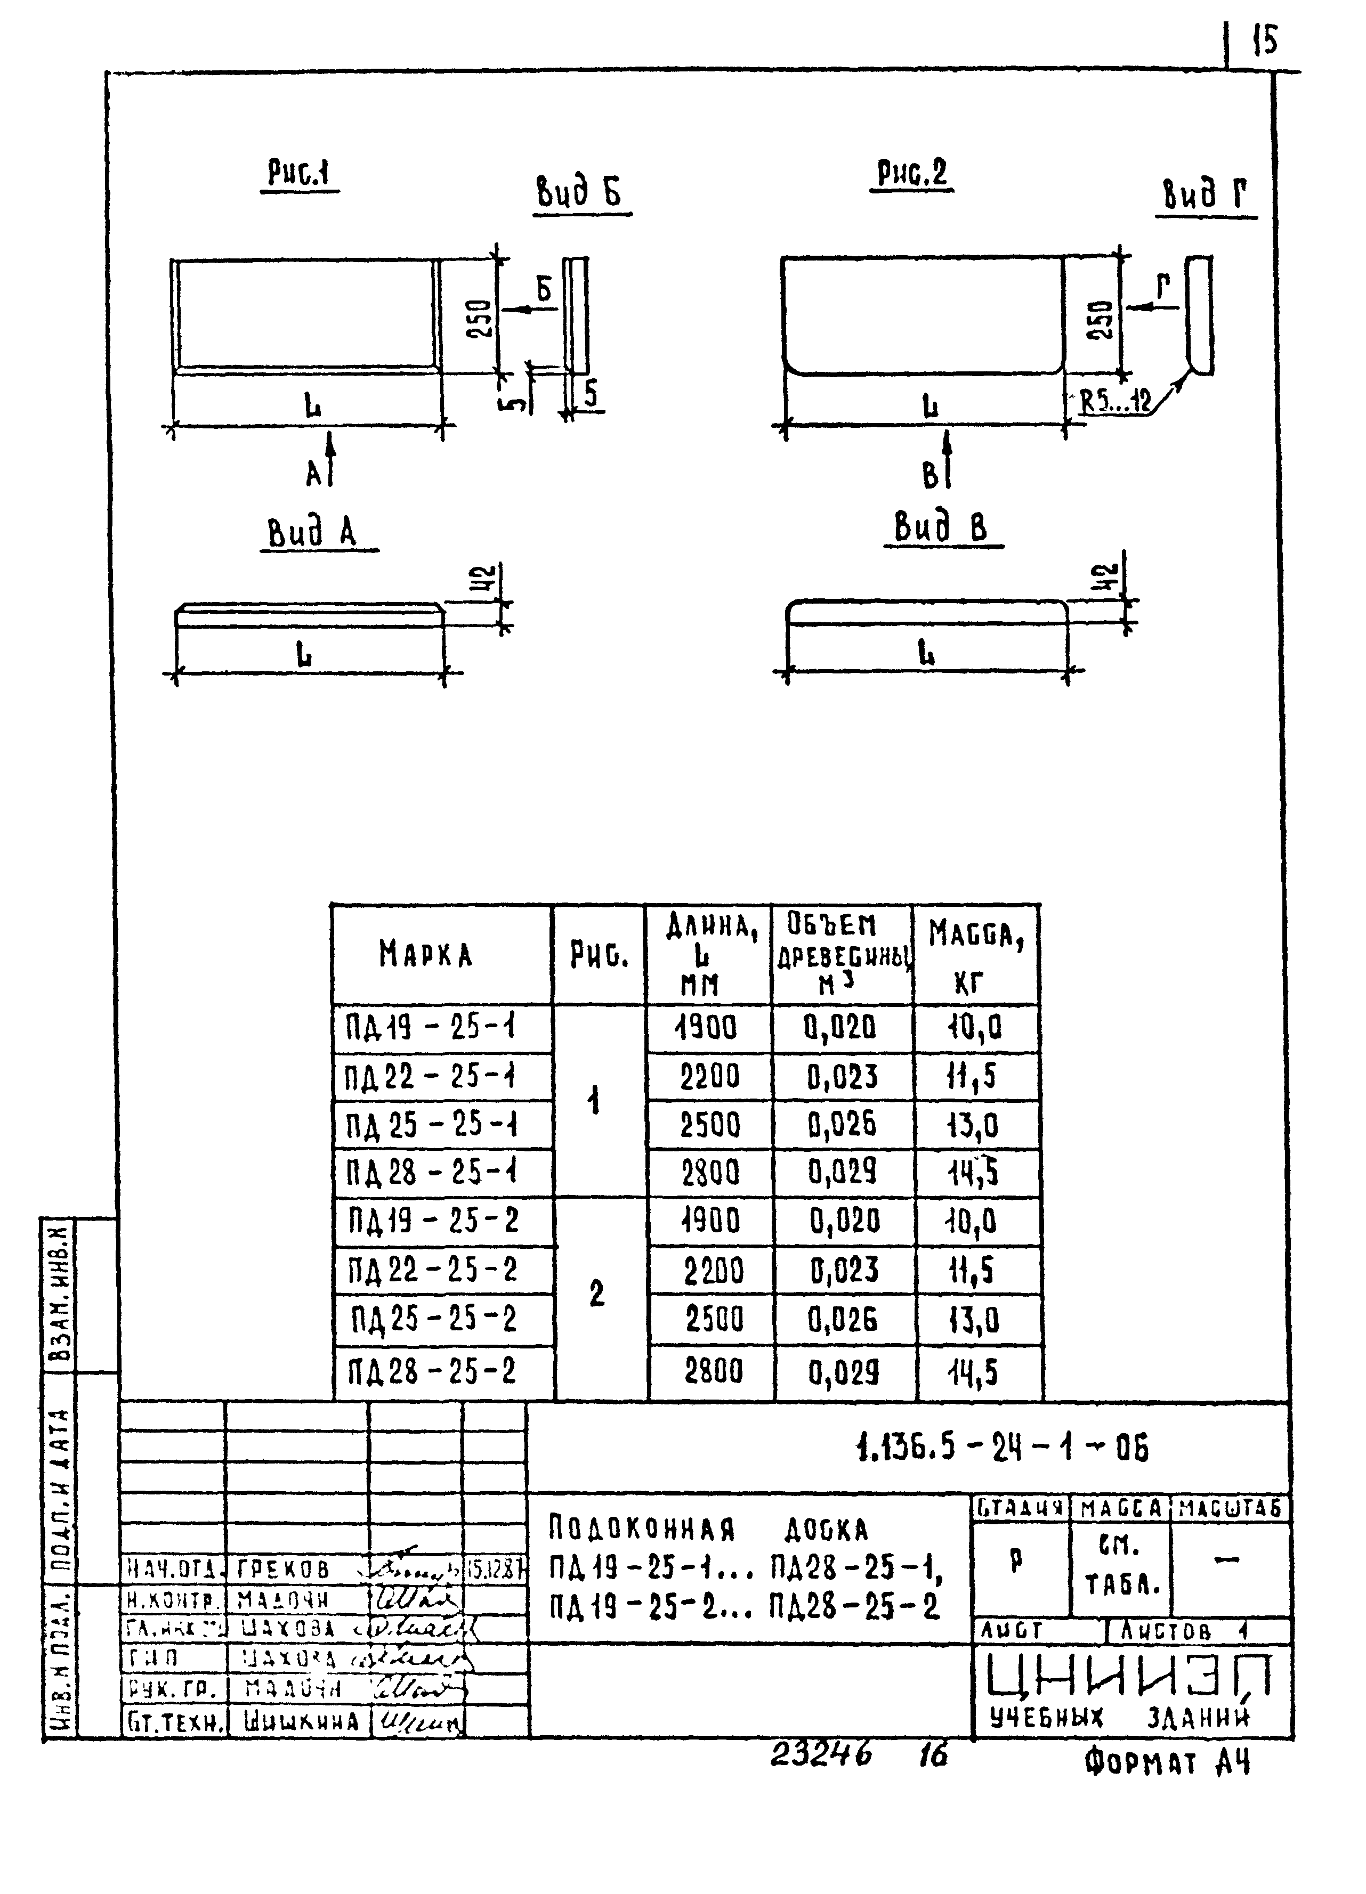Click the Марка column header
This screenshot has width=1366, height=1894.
(426, 954)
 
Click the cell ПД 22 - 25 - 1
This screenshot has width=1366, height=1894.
(431, 1077)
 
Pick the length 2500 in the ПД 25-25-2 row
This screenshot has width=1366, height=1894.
(713, 1320)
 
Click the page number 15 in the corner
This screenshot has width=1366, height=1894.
(1265, 39)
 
